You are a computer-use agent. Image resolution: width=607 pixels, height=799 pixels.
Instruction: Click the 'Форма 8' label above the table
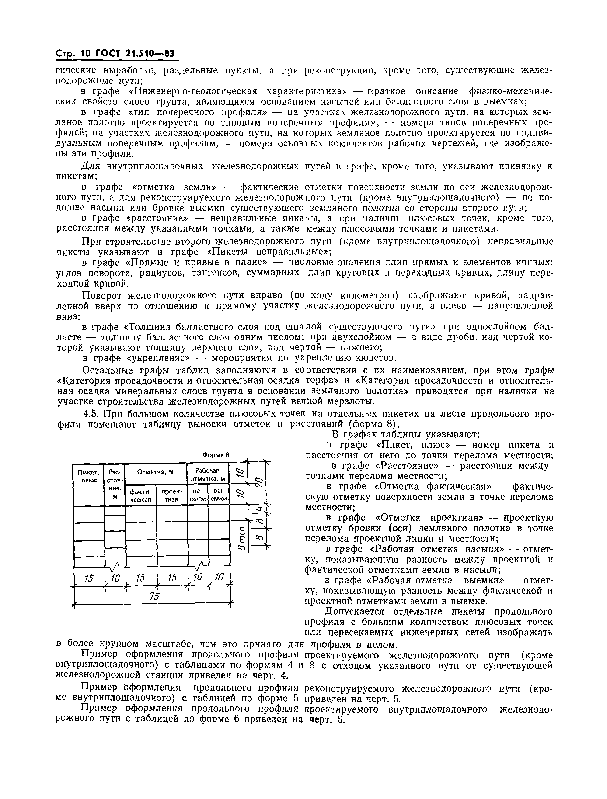[216, 455]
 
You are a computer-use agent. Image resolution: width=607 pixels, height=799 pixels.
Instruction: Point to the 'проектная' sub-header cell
[171, 495]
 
